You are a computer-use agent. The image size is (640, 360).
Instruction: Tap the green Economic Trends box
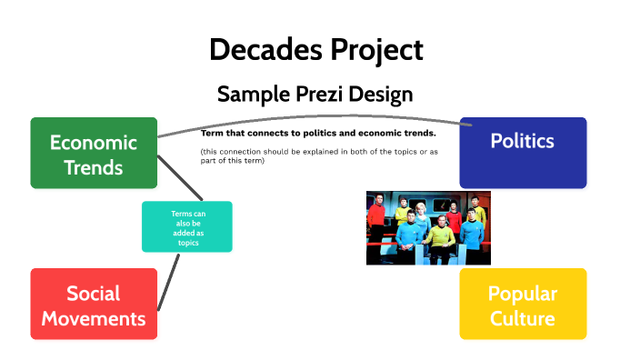(94, 154)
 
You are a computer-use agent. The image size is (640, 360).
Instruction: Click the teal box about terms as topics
(187, 226)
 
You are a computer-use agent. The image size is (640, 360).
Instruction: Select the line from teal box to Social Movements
(168, 281)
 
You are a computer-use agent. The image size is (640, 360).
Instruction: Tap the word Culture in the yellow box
(522, 318)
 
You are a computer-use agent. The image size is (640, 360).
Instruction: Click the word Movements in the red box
(94, 318)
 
